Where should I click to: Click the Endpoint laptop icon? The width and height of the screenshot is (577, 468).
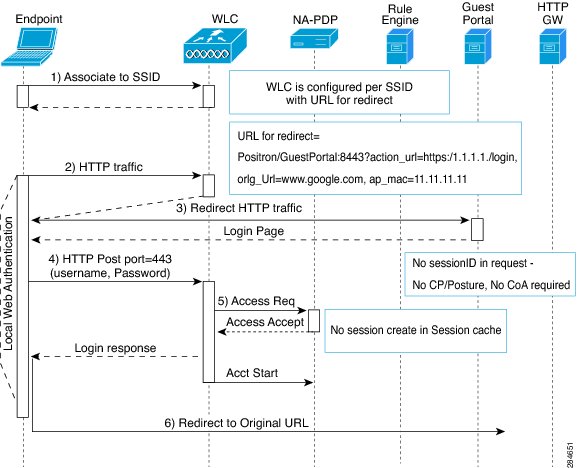29,47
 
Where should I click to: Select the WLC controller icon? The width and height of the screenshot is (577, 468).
215,45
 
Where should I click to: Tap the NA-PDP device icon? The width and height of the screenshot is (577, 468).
314,39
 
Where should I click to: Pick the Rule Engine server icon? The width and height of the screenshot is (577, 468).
400,47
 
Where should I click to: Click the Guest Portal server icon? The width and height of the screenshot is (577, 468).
478,47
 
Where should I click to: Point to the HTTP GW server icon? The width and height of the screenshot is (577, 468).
552,47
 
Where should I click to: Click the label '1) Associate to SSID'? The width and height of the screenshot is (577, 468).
106,77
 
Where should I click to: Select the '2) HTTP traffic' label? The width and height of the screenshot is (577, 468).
104,167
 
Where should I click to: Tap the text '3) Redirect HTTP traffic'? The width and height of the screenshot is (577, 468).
239,208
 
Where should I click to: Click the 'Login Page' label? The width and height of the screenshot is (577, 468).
254,231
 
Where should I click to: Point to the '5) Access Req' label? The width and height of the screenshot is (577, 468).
256,301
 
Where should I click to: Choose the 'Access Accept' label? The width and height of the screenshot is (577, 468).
265,322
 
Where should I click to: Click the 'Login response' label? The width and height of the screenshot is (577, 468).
115,348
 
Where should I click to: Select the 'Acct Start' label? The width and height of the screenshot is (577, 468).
252,373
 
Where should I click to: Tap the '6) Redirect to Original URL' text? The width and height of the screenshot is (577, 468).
236,423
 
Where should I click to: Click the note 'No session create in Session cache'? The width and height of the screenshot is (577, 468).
415,331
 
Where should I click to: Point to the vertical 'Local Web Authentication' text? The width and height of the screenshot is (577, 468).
8,283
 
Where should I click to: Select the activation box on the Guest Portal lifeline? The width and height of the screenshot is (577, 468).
477,229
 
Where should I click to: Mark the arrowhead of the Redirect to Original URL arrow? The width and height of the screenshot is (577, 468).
501,431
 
